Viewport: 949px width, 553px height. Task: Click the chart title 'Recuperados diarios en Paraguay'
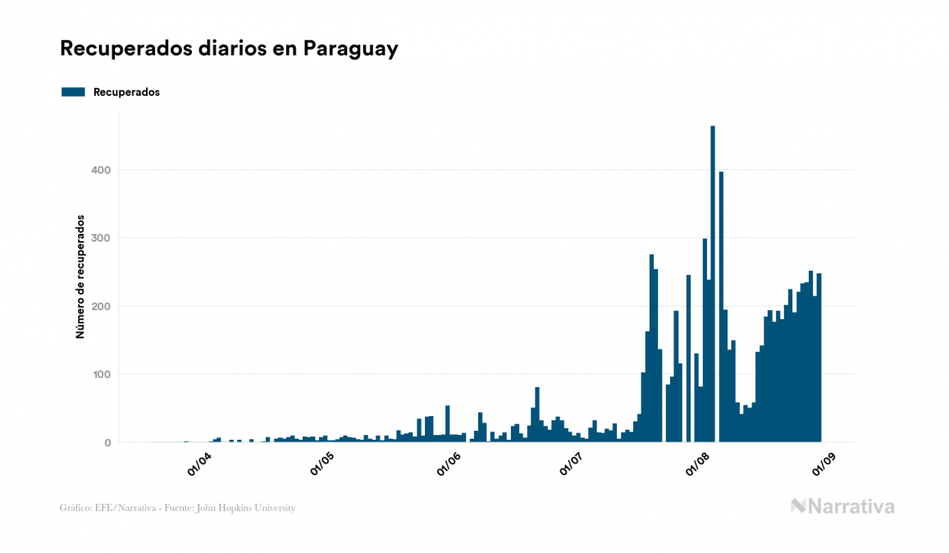pyautogui.click(x=229, y=48)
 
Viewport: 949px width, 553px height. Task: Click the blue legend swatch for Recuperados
pyautogui.click(x=73, y=92)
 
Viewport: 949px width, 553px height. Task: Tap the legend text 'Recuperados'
pyautogui.click(x=126, y=92)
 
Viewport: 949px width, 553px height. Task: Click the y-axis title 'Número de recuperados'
pyautogui.click(x=80, y=276)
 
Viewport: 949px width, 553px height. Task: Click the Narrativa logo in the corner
pyautogui.click(x=842, y=506)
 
